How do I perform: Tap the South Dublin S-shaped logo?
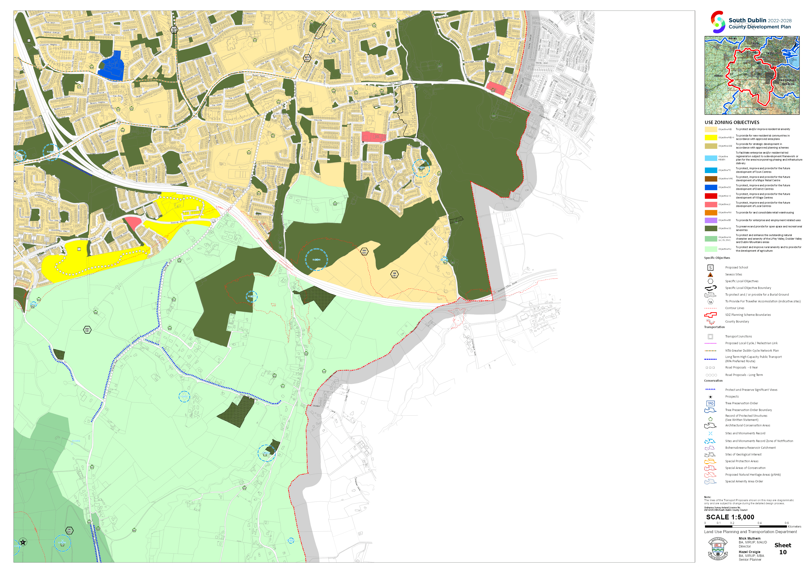(x=717, y=22)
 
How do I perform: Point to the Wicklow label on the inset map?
(x=761, y=109)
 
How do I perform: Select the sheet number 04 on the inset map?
(x=745, y=63)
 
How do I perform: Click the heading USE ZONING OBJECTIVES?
(x=732, y=122)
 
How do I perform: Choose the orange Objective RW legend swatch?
(x=710, y=213)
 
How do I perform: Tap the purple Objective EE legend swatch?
(x=710, y=220)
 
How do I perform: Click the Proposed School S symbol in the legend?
(x=710, y=268)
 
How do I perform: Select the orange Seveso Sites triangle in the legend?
(x=710, y=274)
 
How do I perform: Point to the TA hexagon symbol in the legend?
(x=710, y=302)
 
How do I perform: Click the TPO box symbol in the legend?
(x=710, y=404)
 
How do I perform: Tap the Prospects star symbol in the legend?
(x=710, y=397)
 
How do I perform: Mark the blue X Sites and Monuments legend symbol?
(x=710, y=434)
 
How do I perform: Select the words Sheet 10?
(x=783, y=549)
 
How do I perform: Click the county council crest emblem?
(x=717, y=549)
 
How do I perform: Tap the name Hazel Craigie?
(x=749, y=552)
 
